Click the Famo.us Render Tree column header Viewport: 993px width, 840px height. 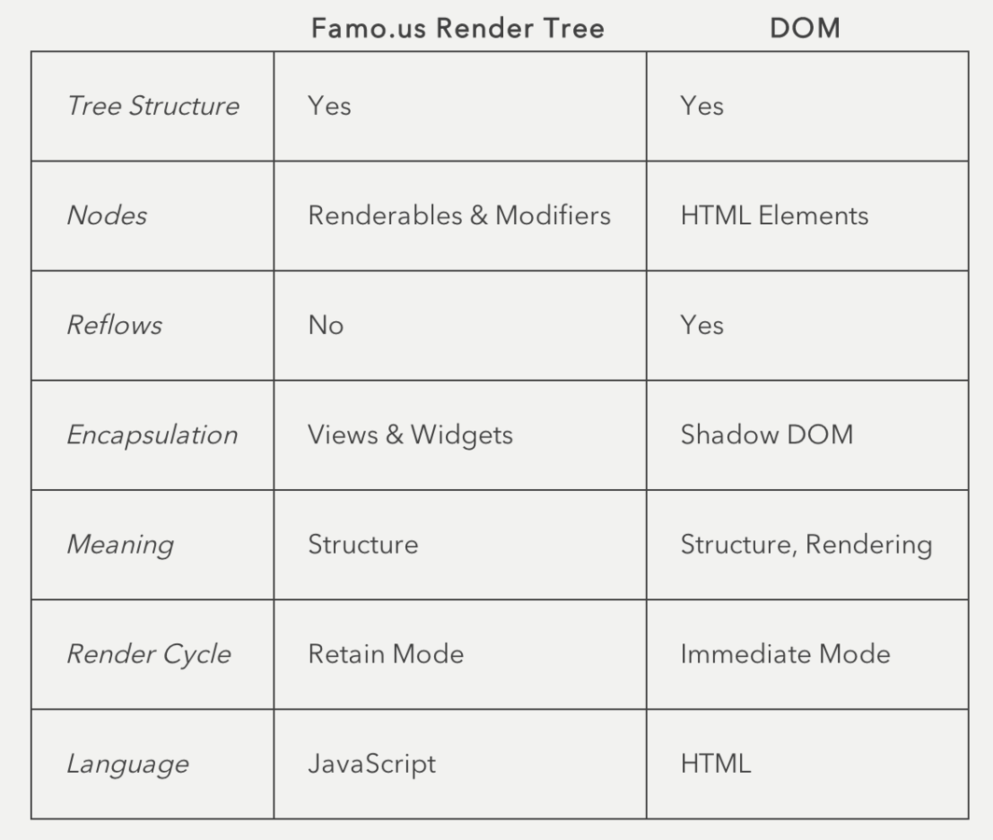[457, 28]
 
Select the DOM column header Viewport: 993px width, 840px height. [804, 28]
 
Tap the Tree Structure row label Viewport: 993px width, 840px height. [152, 105]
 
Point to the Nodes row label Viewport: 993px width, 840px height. [106, 216]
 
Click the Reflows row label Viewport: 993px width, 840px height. [114, 325]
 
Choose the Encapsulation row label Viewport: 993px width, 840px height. [152, 435]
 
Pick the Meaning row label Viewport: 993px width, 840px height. [119, 544]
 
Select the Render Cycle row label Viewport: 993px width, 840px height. [148, 654]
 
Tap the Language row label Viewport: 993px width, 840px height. [127, 763]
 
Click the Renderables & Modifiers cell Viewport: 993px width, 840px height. [459, 216]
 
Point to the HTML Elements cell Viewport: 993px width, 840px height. [774, 216]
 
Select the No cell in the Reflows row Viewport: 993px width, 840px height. [326, 325]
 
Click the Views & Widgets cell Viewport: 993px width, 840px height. [410, 435]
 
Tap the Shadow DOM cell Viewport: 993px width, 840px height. [766, 435]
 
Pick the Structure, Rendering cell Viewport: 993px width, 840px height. [805, 544]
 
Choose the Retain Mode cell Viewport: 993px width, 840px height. [385, 654]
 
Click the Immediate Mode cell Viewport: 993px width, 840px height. [785, 654]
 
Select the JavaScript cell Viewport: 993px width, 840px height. [371, 763]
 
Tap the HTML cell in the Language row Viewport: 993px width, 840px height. [715, 763]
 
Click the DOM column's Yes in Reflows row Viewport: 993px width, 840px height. [702, 325]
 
